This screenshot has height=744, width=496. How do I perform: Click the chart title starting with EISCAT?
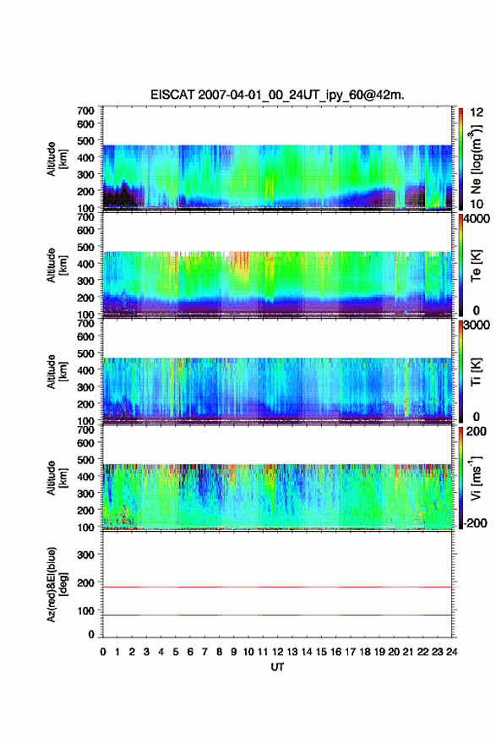click(277, 95)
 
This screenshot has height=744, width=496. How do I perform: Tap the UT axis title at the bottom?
click(277, 667)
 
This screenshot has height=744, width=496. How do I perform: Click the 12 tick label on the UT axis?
click(277, 652)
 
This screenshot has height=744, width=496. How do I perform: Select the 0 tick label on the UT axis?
click(103, 652)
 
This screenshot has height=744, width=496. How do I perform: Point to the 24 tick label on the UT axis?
click(451, 652)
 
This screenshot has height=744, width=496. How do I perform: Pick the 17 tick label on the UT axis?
click(350, 652)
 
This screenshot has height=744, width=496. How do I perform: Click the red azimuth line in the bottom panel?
click(277, 587)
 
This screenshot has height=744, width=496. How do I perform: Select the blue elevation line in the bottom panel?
click(277, 615)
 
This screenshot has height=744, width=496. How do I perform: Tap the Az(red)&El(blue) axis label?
click(57, 584)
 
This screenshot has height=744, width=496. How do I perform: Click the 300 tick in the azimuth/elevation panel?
click(85, 555)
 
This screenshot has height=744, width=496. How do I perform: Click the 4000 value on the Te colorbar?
click(477, 219)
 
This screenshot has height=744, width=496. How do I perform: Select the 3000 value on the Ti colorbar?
click(477, 325)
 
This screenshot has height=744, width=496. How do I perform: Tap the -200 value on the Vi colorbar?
click(474, 522)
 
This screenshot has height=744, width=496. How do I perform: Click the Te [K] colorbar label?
click(476, 265)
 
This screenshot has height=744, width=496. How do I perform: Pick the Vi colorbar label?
click(476, 478)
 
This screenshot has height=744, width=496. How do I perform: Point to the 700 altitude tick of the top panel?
click(85, 111)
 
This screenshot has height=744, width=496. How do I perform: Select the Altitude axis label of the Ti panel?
click(57, 371)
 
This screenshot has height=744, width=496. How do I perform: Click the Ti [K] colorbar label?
click(476, 371)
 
